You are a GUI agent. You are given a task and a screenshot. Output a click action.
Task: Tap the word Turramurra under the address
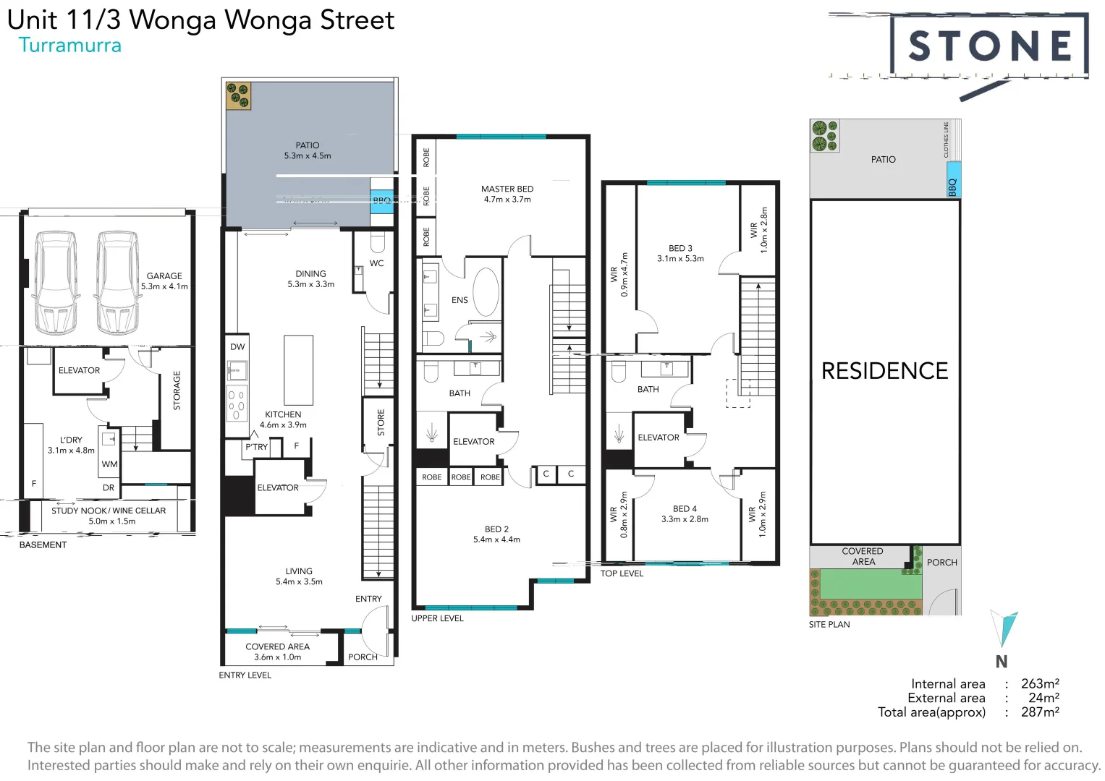(x=70, y=46)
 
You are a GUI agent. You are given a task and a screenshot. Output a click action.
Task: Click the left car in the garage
(x=56, y=281)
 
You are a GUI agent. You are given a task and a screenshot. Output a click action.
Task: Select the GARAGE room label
(x=164, y=276)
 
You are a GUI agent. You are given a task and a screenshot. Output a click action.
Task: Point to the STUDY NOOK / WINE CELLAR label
(x=109, y=511)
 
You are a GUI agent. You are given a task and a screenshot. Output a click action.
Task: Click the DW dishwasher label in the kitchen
(x=237, y=347)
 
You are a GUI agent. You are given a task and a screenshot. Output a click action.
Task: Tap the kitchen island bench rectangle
(x=298, y=370)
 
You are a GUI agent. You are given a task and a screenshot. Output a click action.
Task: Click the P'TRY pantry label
(x=256, y=447)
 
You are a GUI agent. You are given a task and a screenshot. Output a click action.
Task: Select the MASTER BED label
(x=507, y=189)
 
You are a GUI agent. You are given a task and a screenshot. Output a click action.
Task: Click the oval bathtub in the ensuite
(x=486, y=292)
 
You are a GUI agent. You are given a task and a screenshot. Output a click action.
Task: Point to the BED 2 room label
(x=496, y=529)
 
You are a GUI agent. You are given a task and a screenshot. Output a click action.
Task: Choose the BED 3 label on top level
(x=680, y=248)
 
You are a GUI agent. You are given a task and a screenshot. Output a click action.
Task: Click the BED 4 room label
(x=685, y=509)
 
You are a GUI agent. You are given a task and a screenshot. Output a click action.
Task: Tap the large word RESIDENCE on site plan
(x=884, y=371)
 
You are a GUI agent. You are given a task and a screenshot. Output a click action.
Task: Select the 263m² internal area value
(x=1040, y=683)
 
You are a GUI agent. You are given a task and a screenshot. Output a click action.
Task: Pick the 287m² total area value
(x=1040, y=712)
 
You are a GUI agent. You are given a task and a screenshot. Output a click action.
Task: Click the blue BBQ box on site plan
(x=953, y=182)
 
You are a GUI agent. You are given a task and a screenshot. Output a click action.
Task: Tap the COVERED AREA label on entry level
(x=277, y=647)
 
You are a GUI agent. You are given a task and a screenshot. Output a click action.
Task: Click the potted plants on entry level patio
(x=238, y=95)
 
